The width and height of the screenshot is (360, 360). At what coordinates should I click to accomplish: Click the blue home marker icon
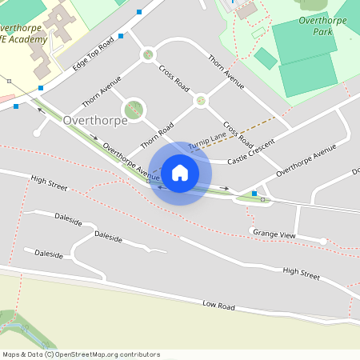(180, 173)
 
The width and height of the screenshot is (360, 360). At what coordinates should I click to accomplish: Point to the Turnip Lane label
(207, 141)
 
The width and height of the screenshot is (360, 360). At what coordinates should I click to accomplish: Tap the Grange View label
(274, 234)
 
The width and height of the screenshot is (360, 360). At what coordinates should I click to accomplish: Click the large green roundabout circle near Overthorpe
(134, 109)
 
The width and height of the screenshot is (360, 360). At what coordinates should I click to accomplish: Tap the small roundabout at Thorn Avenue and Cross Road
(147, 55)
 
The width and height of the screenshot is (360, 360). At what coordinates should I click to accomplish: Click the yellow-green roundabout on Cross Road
(201, 101)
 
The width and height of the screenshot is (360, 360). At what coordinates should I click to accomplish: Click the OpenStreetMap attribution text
(81, 354)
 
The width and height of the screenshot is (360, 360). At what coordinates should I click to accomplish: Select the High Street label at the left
(49, 182)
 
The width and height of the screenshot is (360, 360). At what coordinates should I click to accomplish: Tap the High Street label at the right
(301, 274)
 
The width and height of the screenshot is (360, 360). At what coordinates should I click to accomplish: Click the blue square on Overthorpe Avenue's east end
(254, 194)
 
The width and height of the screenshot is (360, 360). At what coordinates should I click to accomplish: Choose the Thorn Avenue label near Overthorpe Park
(226, 70)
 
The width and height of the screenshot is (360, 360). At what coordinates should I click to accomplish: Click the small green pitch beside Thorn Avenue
(266, 58)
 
